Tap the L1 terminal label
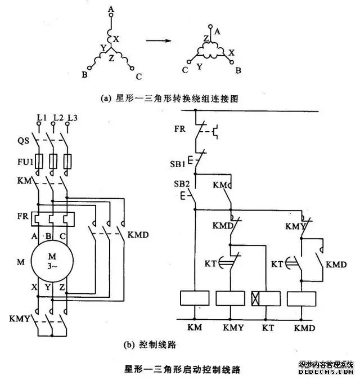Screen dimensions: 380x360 (40, 117)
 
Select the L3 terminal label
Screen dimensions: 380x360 (71, 117)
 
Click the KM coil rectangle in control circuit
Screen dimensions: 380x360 (195, 298)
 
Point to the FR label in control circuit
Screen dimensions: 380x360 (179, 128)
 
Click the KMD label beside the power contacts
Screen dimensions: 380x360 (138, 234)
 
